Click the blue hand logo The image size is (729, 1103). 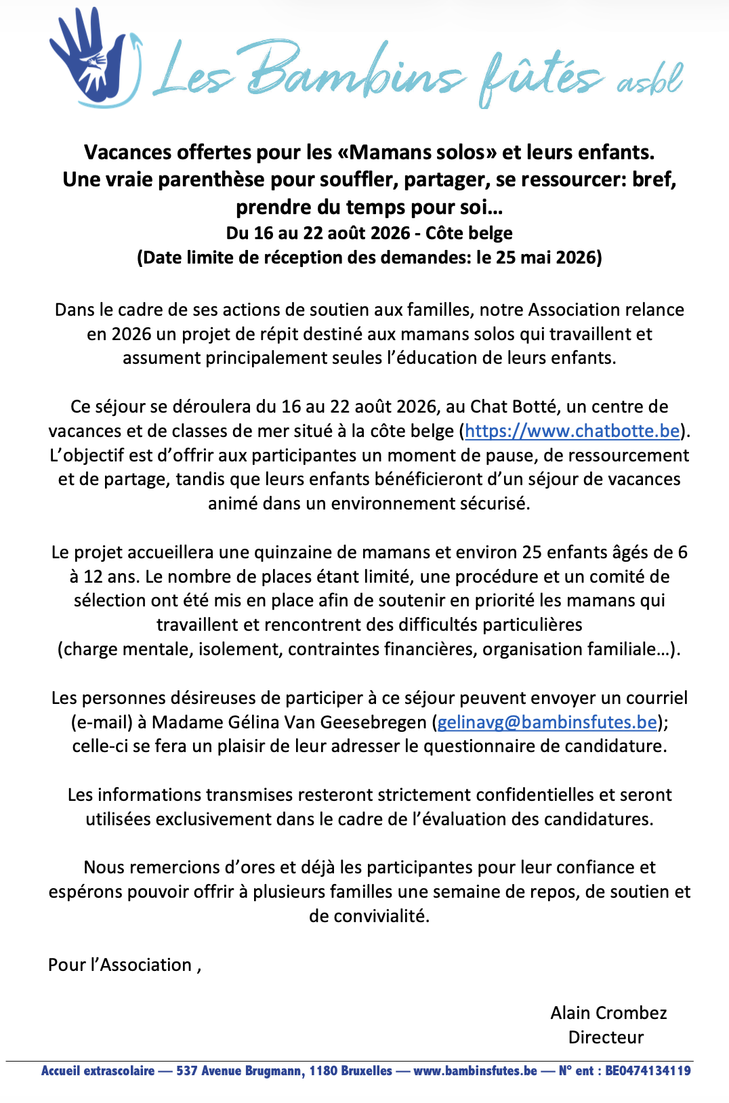point(91,58)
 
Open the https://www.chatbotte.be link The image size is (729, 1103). point(572,431)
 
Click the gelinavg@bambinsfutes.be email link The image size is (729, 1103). point(547,722)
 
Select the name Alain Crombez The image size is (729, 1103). point(608,1013)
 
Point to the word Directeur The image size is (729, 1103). point(606,1037)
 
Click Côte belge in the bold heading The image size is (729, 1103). point(469,233)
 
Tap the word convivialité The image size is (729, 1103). point(369,916)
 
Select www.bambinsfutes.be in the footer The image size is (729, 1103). point(475,1071)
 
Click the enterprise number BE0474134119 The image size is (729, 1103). point(648,1071)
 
